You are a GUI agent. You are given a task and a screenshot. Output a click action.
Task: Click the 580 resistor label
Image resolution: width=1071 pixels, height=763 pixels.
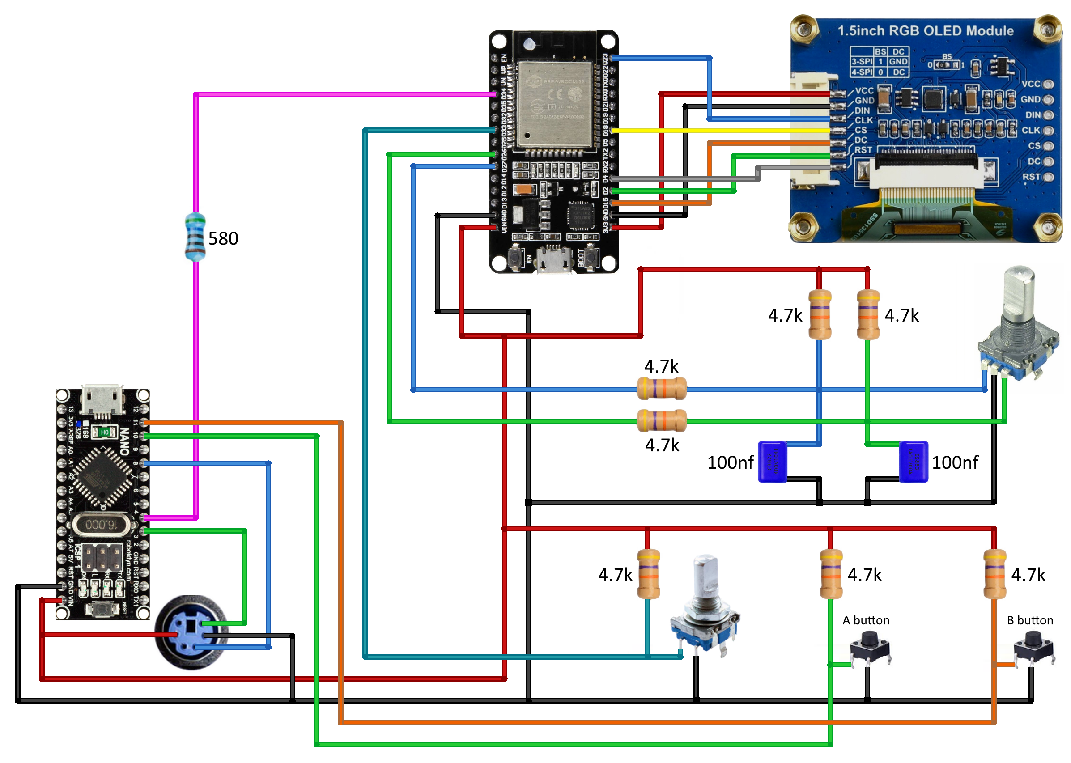click(x=223, y=239)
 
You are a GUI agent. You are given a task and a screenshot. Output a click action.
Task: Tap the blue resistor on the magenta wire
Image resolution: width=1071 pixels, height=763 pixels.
click(x=195, y=237)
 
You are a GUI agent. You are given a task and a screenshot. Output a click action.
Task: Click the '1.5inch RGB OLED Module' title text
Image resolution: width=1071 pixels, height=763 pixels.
click(x=925, y=31)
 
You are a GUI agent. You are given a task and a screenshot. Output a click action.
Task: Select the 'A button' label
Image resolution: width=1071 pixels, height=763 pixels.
click(x=866, y=620)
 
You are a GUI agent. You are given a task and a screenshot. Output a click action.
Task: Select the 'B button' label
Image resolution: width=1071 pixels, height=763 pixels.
click(x=1030, y=620)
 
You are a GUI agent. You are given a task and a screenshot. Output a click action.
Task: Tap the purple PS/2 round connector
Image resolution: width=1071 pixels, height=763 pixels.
click(x=192, y=632)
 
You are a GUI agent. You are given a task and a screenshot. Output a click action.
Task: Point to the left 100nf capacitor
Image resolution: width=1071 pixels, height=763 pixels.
click(x=773, y=462)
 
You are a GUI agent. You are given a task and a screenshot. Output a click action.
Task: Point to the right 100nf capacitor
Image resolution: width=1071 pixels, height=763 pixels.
click(x=913, y=462)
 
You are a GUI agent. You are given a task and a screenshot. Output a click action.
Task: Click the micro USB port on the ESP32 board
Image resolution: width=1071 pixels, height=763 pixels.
click(x=555, y=260)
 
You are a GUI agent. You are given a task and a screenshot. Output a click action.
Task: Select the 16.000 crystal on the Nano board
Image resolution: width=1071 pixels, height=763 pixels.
click(x=101, y=524)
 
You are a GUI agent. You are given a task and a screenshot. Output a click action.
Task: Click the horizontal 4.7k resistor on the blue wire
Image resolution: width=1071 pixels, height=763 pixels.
click(x=661, y=389)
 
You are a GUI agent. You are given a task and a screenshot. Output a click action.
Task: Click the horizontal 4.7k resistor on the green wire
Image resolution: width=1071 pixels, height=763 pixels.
click(x=661, y=421)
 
